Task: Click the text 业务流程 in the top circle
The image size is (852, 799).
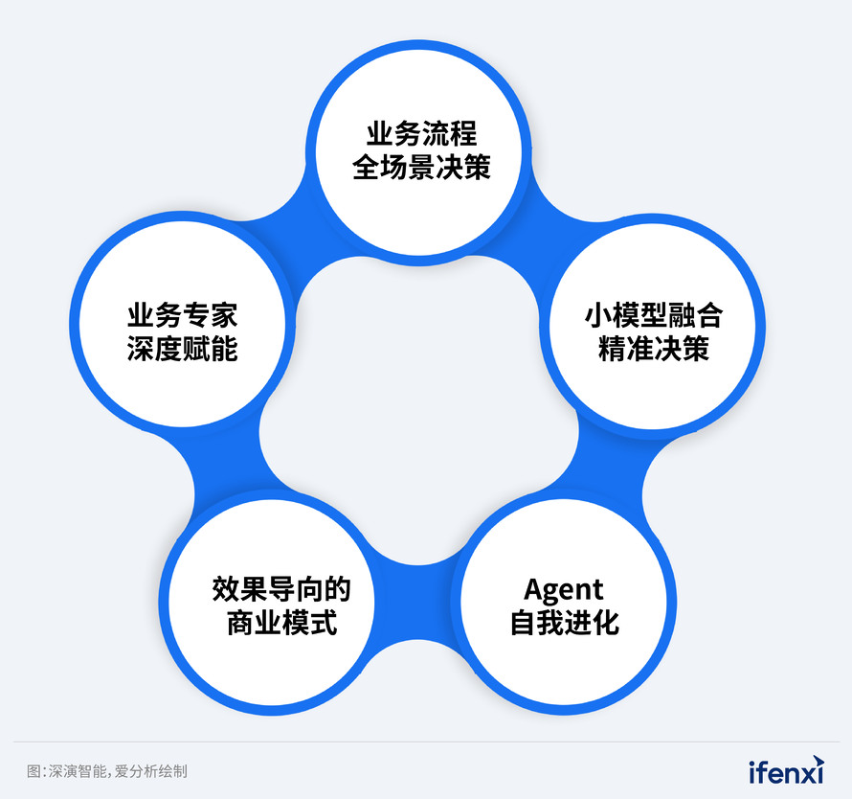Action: tap(421, 134)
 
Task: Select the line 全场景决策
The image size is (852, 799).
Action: tap(421, 167)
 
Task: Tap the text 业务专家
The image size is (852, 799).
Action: tap(183, 315)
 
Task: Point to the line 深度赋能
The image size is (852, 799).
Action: tap(183, 349)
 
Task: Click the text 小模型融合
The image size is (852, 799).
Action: tap(654, 315)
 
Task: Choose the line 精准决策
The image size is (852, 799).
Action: tap(654, 349)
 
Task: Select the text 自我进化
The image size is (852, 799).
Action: tap(565, 623)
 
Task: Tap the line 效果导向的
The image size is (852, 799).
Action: tap(281, 589)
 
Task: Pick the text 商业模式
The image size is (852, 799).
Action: tap(282, 623)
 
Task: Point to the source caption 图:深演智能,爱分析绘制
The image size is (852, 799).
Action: tap(107, 771)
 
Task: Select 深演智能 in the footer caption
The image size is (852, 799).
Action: tap(78, 771)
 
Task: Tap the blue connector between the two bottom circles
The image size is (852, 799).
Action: tap(417, 602)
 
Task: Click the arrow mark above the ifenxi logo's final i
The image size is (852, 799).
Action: tap(818, 761)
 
